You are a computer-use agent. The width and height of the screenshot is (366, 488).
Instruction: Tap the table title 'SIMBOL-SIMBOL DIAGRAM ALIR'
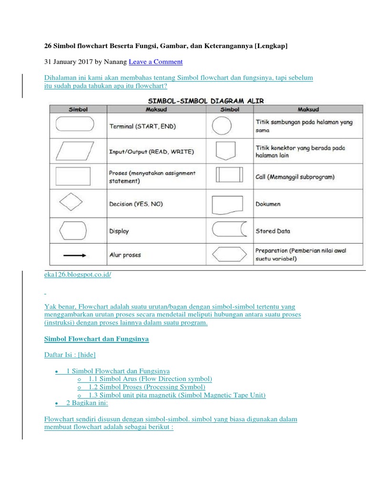click(206, 101)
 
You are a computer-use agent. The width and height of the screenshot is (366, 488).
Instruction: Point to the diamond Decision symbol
click(73, 203)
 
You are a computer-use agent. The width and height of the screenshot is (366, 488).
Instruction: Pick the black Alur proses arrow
click(74, 255)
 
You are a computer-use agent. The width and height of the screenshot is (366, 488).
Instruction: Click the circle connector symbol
click(222, 126)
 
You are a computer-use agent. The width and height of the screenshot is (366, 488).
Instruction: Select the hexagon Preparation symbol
click(229, 254)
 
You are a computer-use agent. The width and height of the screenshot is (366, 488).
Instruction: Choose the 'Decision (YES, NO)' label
click(136, 204)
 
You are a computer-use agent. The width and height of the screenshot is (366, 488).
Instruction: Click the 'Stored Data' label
click(273, 231)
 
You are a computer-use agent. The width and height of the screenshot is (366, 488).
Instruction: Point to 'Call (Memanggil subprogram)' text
click(295, 177)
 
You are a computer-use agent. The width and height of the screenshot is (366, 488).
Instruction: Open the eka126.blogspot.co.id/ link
click(77, 276)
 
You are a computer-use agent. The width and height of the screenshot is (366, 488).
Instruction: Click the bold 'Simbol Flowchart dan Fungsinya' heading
click(96, 339)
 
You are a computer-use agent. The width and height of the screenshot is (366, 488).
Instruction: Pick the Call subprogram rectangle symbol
click(230, 175)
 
